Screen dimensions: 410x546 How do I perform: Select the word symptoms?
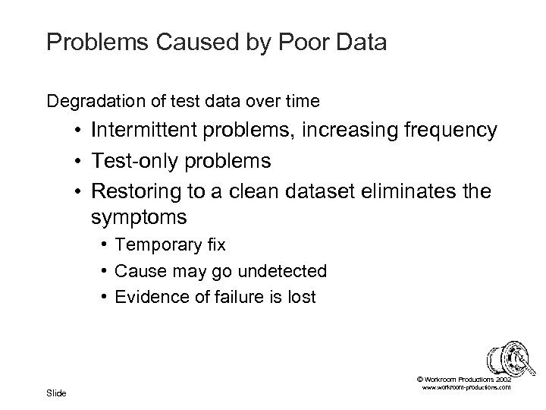(139, 218)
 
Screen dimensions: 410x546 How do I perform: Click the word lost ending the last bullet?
(300, 297)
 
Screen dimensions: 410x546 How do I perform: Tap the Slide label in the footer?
(56, 393)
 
